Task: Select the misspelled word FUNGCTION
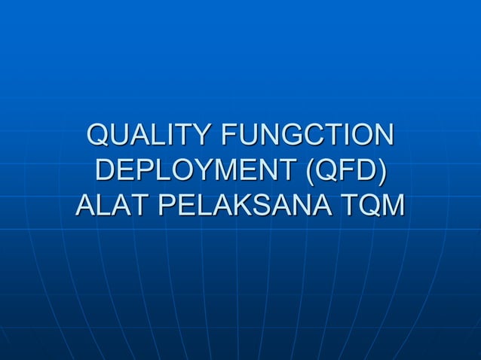pyautogui.click(x=307, y=136)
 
